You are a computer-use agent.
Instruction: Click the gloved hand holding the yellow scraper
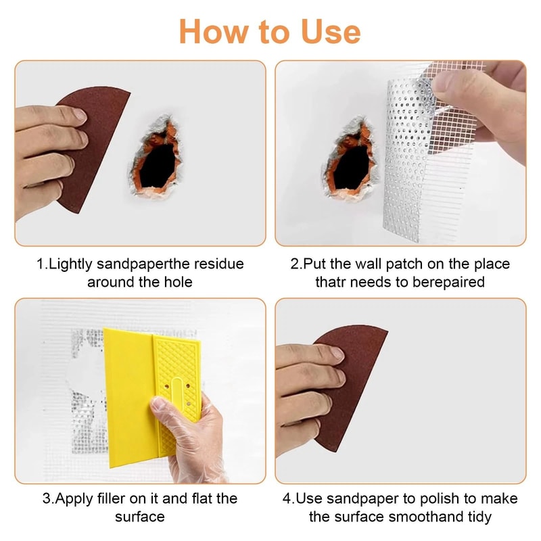pyautogui.click(x=193, y=433)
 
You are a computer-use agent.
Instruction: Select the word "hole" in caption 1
pyautogui.click(x=177, y=281)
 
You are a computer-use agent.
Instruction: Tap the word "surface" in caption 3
pyautogui.click(x=140, y=517)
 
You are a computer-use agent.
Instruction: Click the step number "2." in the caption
pyautogui.click(x=296, y=264)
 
